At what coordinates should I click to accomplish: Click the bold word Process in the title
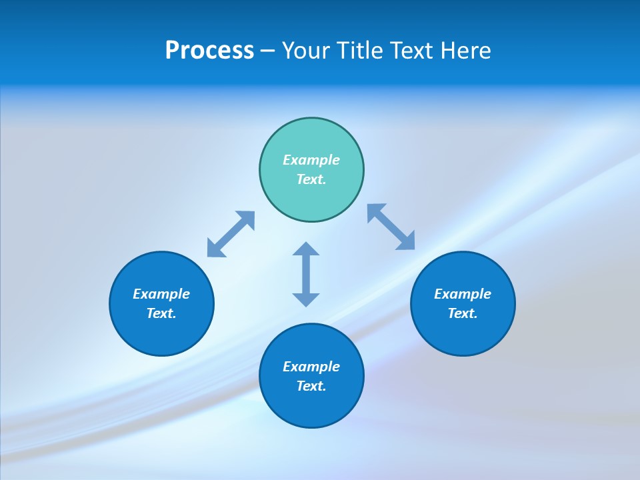pos(209,51)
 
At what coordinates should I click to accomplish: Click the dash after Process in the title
pos(267,51)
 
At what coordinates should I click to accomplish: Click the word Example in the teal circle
pos(311,160)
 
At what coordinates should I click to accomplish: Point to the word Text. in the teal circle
pos(311,179)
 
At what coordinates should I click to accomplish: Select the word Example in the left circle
pos(161,294)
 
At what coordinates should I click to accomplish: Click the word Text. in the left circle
pos(161,313)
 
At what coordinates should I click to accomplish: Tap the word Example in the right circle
pos(463,294)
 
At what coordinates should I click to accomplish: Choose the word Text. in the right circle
pos(463,313)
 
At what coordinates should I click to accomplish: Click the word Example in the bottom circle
pos(311,367)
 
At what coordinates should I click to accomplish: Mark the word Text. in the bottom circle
pos(311,386)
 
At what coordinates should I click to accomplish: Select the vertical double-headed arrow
pos(306,274)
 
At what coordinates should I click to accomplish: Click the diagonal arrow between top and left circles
pos(231,234)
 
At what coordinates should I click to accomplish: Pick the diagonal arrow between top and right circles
pos(391,227)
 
